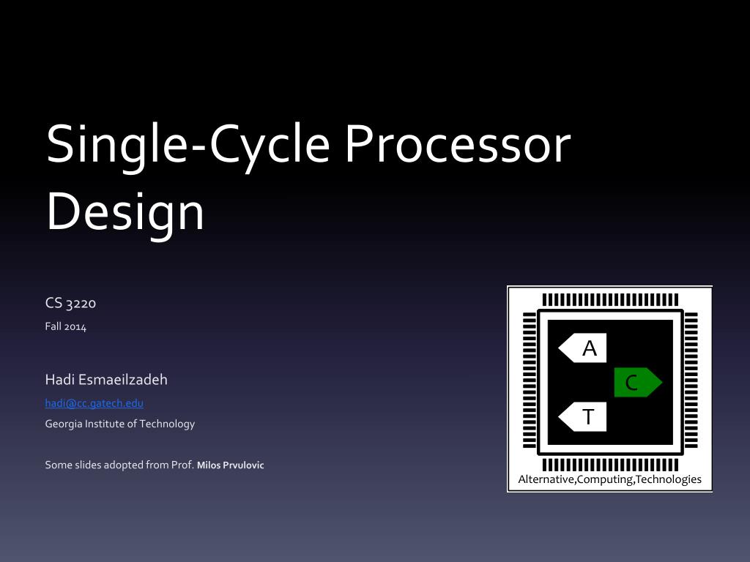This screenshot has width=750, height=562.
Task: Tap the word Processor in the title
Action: click(457, 144)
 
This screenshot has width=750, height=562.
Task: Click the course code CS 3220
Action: click(71, 303)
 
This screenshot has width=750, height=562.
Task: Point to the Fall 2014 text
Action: click(66, 327)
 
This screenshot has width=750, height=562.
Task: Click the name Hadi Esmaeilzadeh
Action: click(106, 379)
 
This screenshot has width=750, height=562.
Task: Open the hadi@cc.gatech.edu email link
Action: click(94, 402)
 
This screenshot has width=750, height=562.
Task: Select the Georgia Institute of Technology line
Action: click(120, 424)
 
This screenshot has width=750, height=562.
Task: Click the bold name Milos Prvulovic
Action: click(230, 465)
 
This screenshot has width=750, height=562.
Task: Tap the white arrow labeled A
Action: click(584, 348)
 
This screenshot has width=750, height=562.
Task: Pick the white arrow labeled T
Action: click(584, 417)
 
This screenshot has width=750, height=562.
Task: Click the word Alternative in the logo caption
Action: click(546, 479)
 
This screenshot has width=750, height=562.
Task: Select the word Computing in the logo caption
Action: click(605, 479)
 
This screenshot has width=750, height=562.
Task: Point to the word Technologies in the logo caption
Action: click(669, 479)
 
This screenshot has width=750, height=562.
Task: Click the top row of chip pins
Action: click(609, 299)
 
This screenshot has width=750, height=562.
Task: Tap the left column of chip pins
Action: click(529, 381)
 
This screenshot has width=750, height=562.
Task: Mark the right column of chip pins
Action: click(691, 381)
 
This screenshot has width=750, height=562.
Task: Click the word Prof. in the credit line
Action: click(182, 465)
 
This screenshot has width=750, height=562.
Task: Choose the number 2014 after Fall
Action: click(75, 327)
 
